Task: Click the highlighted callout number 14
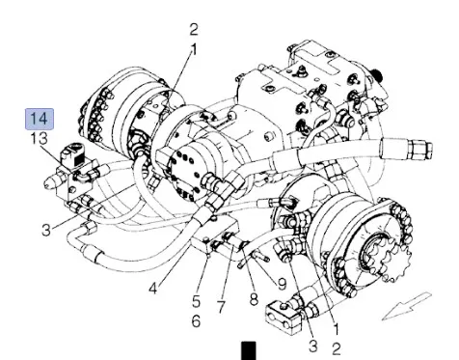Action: (x=40, y=119)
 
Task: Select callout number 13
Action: (x=39, y=139)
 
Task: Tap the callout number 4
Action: (x=153, y=288)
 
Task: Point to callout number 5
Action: (x=196, y=302)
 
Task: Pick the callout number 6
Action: (x=196, y=321)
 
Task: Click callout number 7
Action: (x=221, y=307)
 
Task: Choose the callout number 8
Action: (x=254, y=299)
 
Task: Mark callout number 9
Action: (x=282, y=284)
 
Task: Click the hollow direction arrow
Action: (x=407, y=306)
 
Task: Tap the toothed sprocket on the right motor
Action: (x=391, y=258)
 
